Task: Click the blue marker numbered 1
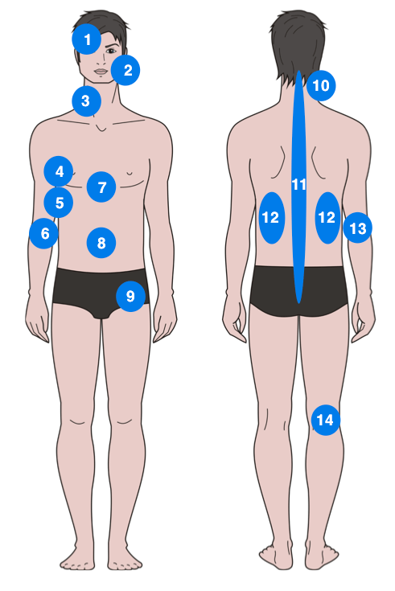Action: click(x=87, y=39)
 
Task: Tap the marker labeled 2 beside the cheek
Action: click(x=125, y=70)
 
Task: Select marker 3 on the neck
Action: click(x=87, y=101)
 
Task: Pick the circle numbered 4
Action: click(x=59, y=171)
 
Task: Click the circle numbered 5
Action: click(x=59, y=203)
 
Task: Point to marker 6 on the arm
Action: click(x=44, y=233)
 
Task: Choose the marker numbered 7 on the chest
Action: click(x=101, y=187)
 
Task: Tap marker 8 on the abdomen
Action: click(x=101, y=243)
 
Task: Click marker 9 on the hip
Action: click(x=130, y=296)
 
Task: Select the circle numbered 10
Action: click(x=321, y=85)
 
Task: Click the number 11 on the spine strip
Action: click(x=298, y=185)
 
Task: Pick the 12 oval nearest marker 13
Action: click(x=328, y=218)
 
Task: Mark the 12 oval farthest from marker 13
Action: click(x=272, y=218)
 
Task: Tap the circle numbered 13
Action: click(x=358, y=228)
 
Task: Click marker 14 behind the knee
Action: click(x=326, y=420)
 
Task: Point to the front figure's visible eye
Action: click(x=111, y=51)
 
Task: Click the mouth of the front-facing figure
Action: click(x=101, y=72)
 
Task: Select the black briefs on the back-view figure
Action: click(x=298, y=290)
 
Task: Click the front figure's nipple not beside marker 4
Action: click(x=130, y=174)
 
